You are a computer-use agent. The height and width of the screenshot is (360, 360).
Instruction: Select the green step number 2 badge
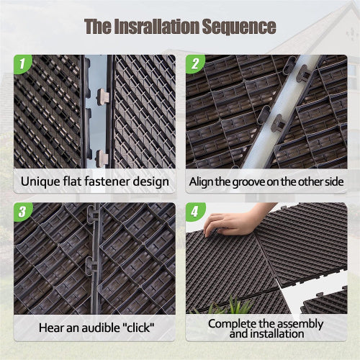(195, 63)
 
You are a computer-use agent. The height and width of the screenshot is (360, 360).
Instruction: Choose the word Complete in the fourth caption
(232, 323)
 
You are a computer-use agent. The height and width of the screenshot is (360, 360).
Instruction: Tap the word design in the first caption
(152, 181)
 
